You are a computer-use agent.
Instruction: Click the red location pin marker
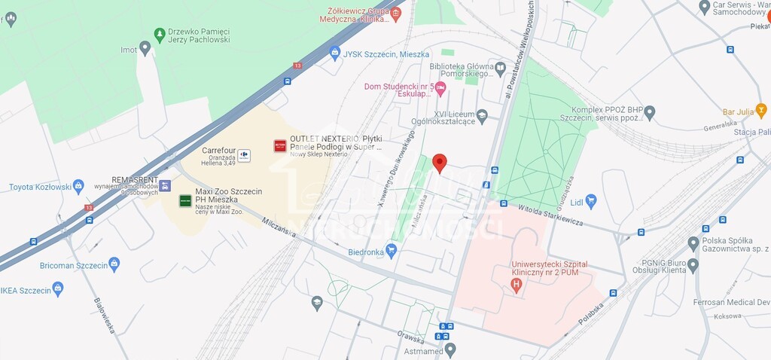click(440, 163)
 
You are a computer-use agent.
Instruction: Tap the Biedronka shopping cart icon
click(391, 250)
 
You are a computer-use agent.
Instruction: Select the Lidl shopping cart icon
click(591, 200)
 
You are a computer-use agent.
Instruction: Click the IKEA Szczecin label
click(26, 289)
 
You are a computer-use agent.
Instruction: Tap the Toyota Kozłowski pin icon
click(78, 186)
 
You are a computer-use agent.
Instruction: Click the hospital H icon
click(516, 285)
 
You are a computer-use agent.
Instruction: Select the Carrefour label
click(218, 151)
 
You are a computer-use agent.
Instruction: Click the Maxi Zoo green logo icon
click(184, 200)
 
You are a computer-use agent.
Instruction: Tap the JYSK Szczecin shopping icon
click(335, 53)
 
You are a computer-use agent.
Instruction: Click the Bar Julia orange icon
click(761, 111)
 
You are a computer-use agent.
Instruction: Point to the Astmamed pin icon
click(450, 349)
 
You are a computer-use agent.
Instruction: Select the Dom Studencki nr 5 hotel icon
click(440, 89)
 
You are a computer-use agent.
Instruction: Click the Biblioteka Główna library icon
click(500, 69)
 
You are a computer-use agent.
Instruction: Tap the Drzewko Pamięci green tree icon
click(159, 35)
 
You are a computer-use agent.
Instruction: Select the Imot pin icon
click(145, 47)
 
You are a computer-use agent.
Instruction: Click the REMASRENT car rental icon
click(165, 185)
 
